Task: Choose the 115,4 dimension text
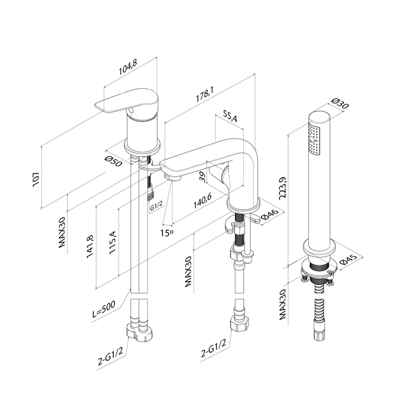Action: click(x=113, y=241)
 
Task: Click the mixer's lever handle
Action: click(x=128, y=102)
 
